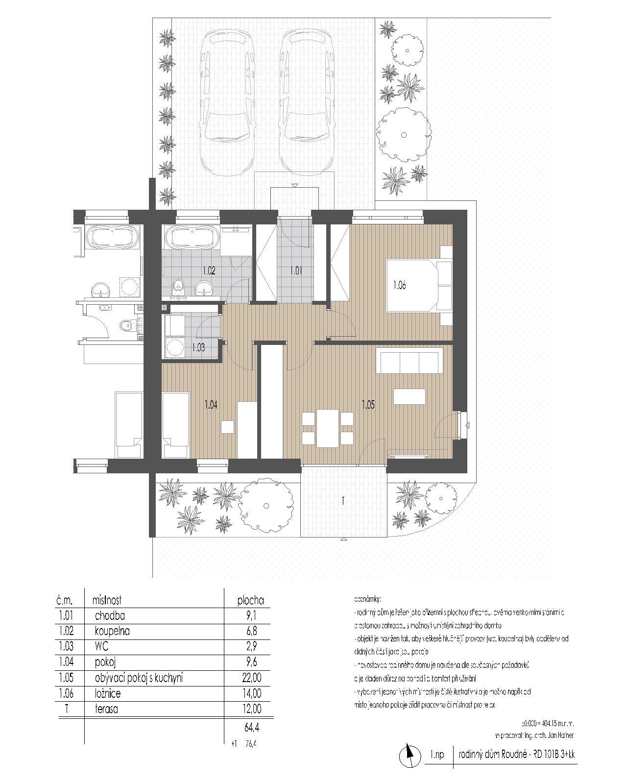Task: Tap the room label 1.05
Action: (368, 405)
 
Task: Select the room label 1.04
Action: (211, 405)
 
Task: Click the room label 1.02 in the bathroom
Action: (209, 269)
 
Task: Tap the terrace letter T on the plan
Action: (343, 501)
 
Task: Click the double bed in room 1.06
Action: (419, 285)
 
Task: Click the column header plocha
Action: (250, 600)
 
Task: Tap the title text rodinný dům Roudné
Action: (495, 755)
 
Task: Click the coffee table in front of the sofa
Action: (409, 396)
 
